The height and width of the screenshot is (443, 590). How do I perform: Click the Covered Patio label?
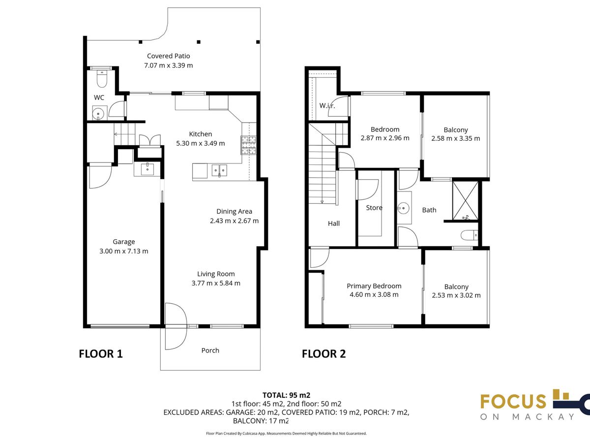coord(168,56)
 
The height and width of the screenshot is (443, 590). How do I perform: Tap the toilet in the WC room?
coord(102,79)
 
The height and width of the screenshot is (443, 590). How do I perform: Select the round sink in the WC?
coord(98,114)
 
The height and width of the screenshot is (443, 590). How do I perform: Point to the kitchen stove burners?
coord(248,146)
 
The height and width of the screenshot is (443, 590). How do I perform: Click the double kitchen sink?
coord(219,170)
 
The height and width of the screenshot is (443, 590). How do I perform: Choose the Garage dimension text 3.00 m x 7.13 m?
coord(123,251)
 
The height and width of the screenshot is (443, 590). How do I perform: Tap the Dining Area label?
coord(234,212)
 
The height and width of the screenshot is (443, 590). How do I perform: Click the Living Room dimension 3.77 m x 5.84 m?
coord(216,283)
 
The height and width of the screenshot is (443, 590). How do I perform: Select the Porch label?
coord(210,350)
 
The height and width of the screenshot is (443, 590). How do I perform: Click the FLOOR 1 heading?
coord(101,354)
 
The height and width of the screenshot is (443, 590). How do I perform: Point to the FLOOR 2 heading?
coord(324,354)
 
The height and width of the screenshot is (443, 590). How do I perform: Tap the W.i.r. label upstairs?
coord(327,105)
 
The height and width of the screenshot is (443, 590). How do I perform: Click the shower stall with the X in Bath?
coord(465,201)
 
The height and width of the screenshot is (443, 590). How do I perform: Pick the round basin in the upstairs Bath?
coord(403,208)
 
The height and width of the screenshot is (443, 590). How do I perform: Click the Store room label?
coord(374,208)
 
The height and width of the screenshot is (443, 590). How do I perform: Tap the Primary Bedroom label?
coord(374,286)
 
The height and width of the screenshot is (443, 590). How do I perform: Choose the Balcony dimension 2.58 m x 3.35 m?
coord(456,138)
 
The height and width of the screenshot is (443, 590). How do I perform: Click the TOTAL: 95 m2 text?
coord(286,395)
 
